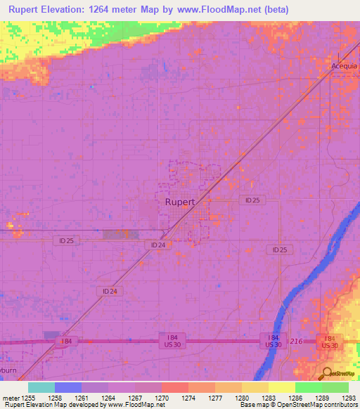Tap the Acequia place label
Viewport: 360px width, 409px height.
[345, 66]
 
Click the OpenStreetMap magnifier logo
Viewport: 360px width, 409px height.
[326, 373]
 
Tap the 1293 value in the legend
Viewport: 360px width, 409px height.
[348, 398]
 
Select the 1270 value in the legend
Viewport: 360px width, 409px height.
[162, 398]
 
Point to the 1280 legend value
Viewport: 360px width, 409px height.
[241, 398]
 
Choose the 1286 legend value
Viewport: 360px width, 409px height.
[295, 398]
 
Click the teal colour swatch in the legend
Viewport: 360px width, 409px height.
[41, 387]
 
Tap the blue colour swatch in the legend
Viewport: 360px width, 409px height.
[67, 387]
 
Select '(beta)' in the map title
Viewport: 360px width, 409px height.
[273, 9]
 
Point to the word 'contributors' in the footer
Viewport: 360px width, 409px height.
[338, 405]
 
